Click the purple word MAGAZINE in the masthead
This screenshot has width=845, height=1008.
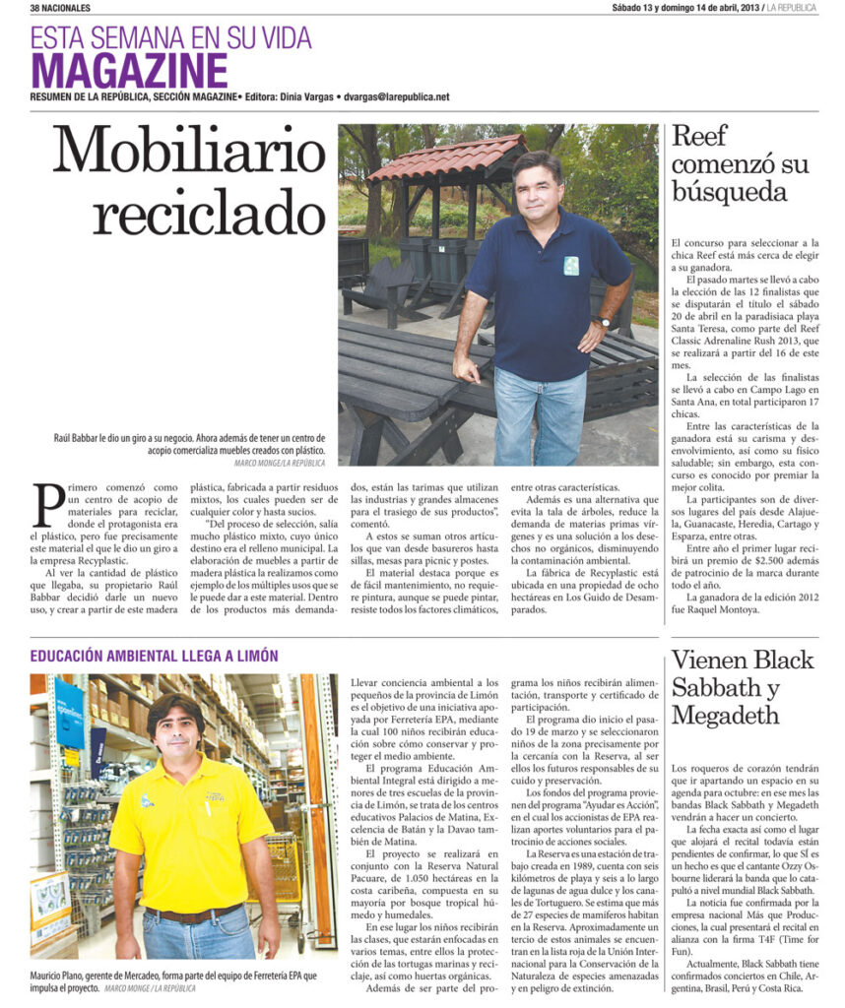tap(129, 71)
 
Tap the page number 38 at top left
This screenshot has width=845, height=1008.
tap(36, 8)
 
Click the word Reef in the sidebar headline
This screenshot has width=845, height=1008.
tap(699, 137)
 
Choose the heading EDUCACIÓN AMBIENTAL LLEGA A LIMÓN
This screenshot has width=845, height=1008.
tap(154, 656)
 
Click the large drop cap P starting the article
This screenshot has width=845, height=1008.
tap(49, 504)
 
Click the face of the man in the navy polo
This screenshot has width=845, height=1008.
tap(537, 187)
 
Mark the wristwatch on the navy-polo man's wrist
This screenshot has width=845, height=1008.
tap(603, 321)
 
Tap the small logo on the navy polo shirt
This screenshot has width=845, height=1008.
tap(571, 265)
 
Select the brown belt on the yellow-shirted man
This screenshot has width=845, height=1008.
tap(192, 915)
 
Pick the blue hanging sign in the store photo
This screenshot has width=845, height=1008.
tap(69, 714)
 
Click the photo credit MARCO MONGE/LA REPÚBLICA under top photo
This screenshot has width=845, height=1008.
tap(280, 463)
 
